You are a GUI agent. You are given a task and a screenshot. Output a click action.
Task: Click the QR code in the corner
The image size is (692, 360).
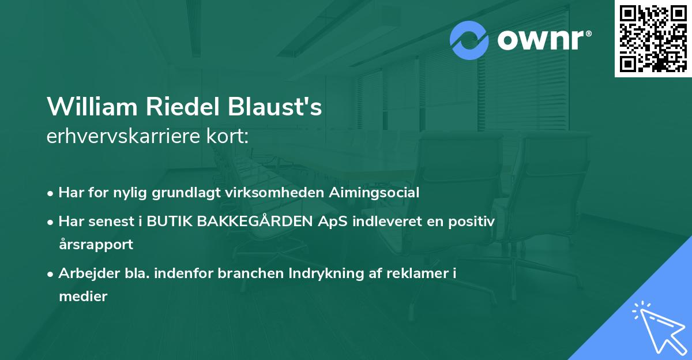[653, 39]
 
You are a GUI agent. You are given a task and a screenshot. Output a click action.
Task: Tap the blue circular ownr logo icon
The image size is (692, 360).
[469, 40]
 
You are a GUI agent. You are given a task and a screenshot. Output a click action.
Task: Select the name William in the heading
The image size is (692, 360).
[92, 107]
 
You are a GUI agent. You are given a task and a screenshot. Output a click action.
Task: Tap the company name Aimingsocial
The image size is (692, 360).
[374, 193]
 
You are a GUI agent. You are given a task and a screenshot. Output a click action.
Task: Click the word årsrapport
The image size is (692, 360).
[96, 244]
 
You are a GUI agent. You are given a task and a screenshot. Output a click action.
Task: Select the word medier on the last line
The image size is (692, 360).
[83, 297]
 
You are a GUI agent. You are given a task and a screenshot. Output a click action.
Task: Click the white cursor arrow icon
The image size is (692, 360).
[659, 327]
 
